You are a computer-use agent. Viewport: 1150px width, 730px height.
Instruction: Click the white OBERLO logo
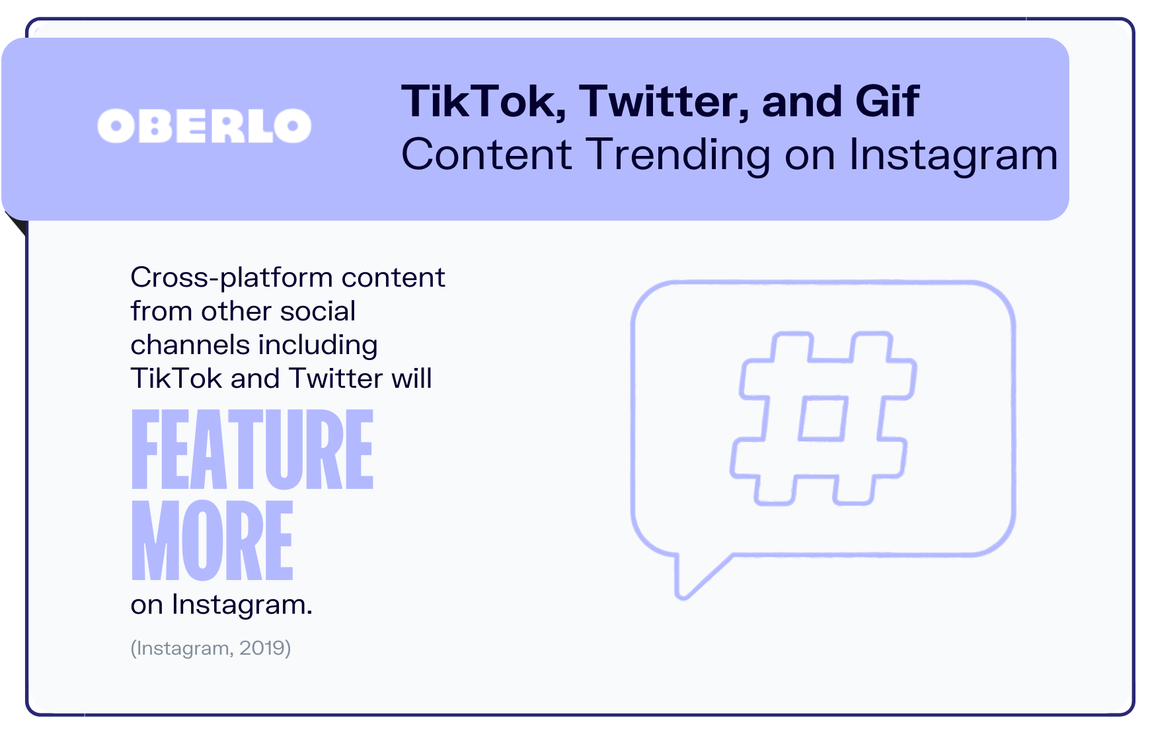204,126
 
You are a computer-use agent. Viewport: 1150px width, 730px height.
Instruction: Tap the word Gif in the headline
887,101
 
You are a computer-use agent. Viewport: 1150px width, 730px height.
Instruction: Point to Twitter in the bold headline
664,102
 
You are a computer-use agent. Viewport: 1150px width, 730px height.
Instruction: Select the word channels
190,345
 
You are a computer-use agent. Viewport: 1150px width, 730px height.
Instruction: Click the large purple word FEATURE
252,449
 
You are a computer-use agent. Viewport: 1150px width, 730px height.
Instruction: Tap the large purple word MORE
212,540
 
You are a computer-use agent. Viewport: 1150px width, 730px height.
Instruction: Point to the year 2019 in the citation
265,648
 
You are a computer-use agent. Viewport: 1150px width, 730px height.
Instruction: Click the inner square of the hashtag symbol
823,419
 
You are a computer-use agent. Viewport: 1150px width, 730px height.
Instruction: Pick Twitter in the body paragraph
336,379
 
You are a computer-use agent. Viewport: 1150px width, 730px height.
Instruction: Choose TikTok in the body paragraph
176,379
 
